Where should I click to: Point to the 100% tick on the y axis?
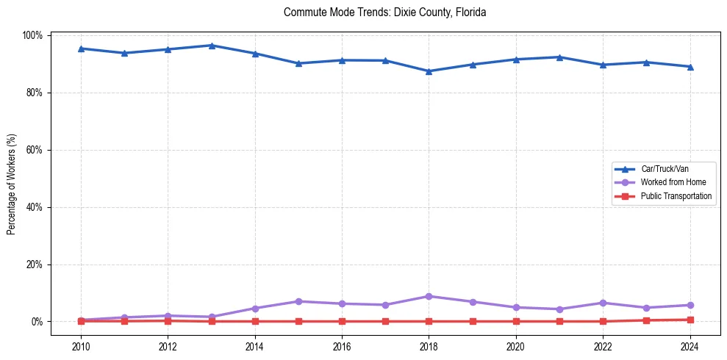click(33, 35)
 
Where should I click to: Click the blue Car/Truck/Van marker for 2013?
click(211, 46)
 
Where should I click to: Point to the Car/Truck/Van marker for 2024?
click(690, 67)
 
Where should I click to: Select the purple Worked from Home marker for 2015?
click(298, 301)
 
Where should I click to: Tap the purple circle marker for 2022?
click(603, 303)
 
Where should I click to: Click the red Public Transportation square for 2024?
click(690, 320)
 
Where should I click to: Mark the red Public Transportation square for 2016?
click(342, 321)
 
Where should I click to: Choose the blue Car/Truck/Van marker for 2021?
click(559, 57)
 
